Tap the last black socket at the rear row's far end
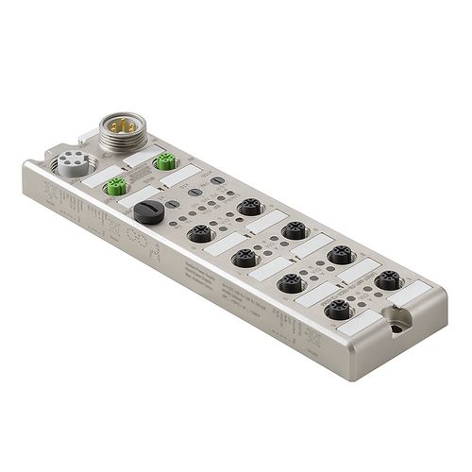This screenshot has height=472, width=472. (x=385, y=281)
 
